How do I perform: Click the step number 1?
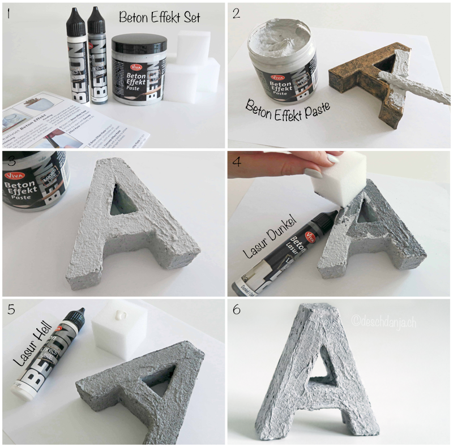7,13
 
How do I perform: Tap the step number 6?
238,310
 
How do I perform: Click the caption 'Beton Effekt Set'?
159,17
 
